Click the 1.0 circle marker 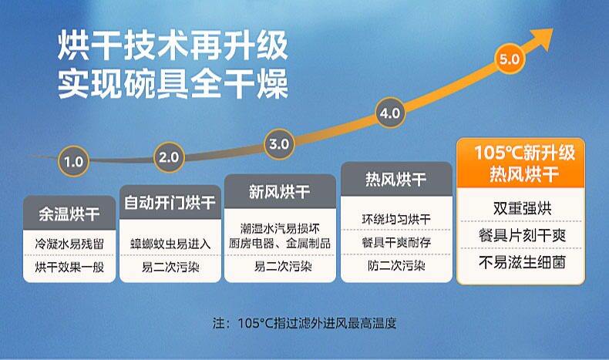pyautogui.click(x=73, y=161)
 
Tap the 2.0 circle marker pyautogui.click(x=169, y=157)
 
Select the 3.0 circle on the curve pyautogui.click(x=279, y=144)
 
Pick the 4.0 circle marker pyautogui.click(x=390, y=113)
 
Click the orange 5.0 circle pyautogui.click(x=510, y=59)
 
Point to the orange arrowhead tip pyautogui.click(x=553, y=29)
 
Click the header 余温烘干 pyautogui.click(x=69, y=214)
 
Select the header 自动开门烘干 pyautogui.click(x=170, y=202)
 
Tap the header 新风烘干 pyautogui.click(x=280, y=191)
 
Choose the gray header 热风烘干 pyautogui.click(x=396, y=179)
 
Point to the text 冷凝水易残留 pyautogui.click(x=69, y=244)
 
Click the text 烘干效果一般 pyautogui.click(x=69, y=267)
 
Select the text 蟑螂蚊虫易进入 pyautogui.click(x=170, y=244)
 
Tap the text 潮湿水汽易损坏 pyautogui.click(x=280, y=228)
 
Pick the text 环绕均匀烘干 pyautogui.click(x=396, y=220)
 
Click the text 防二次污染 pyautogui.click(x=396, y=266)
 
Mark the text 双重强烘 pyautogui.click(x=523, y=208)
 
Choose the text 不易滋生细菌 pyautogui.click(x=523, y=262)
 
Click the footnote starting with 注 pyautogui.click(x=304, y=323)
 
